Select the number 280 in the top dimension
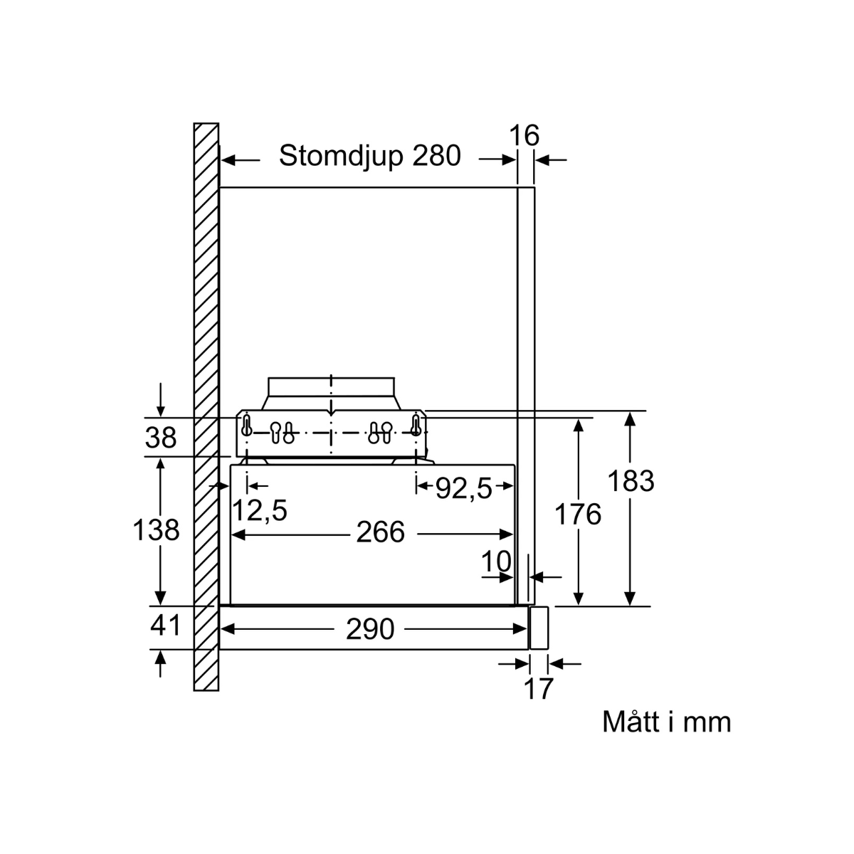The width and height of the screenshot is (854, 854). (436, 155)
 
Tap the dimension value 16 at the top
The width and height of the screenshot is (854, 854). (525, 135)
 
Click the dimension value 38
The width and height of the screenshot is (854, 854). (160, 438)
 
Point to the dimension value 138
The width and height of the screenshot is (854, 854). (156, 529)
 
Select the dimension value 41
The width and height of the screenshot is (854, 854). (166, 626)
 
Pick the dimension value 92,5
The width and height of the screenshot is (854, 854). (463, 488)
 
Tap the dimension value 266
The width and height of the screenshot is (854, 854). (380, 532)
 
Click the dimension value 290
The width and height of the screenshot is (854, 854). (369, 628)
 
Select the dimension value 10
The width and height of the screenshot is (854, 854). (496, 562)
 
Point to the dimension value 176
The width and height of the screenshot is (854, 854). (577, 514)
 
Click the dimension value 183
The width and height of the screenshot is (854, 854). (631, 482)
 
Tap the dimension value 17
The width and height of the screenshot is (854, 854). (538, 689)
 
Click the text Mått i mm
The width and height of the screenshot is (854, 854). (666, 722)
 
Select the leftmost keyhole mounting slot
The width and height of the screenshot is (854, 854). (246, 427)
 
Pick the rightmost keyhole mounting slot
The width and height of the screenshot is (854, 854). (416, 427)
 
